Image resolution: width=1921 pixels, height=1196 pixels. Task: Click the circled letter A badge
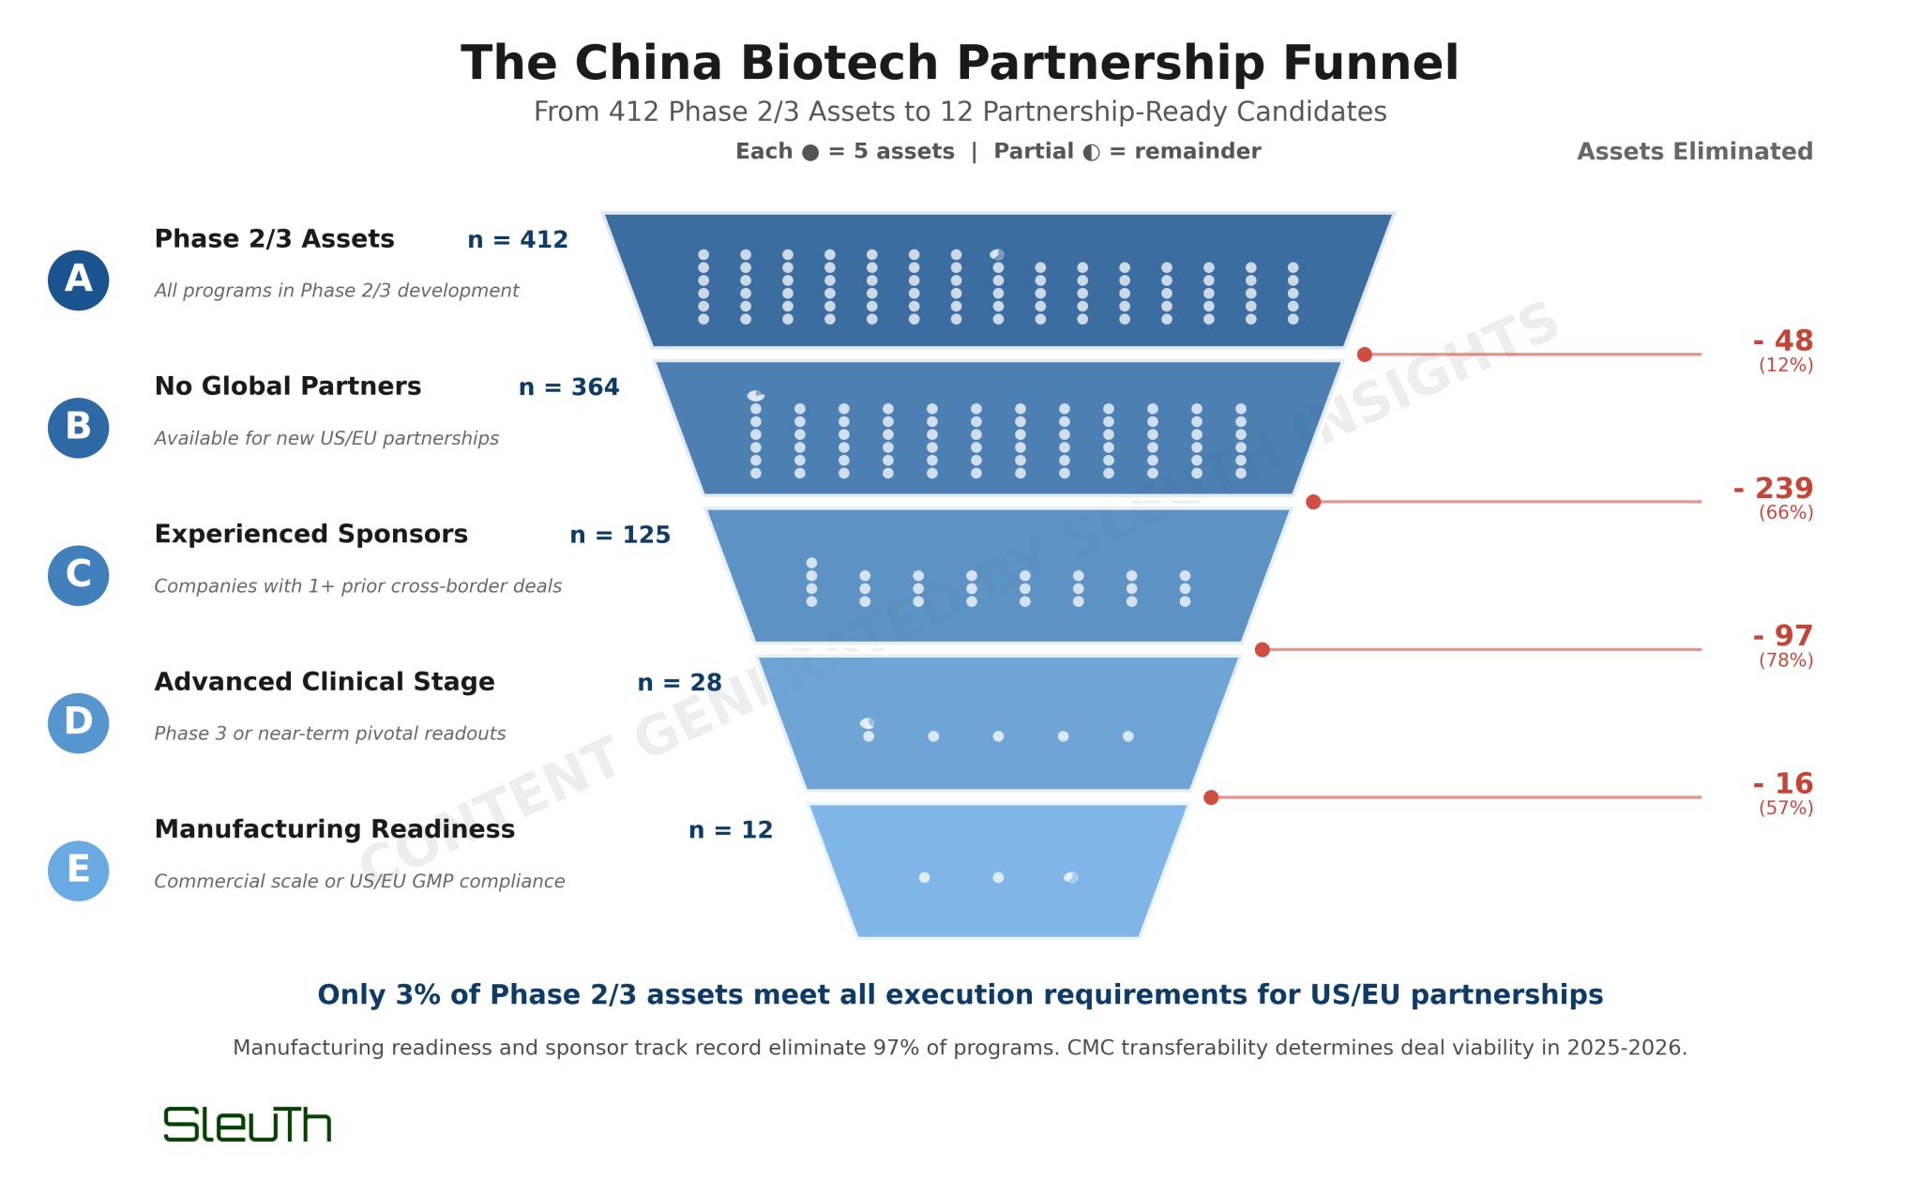coord(78,280)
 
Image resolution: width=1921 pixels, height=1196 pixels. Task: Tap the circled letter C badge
coord(78,576)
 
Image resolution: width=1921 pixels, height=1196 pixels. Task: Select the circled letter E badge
coord(78,871)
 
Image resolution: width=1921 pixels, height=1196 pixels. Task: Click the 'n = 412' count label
coord(518,240)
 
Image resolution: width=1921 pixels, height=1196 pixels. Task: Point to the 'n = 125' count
coord(620,536)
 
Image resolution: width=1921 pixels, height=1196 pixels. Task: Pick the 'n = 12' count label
coord(731,830)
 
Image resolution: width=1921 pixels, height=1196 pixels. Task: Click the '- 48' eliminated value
coord(1782,341)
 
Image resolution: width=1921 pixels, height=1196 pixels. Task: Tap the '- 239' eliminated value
coord(1773,489)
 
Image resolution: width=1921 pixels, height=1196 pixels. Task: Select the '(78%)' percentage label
coord(1785,660)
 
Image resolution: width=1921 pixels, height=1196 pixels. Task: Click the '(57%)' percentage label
coord(1785,808)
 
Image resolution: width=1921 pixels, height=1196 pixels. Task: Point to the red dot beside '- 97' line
coord(1263,650)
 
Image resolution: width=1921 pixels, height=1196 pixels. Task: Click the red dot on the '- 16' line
coord(1211,797)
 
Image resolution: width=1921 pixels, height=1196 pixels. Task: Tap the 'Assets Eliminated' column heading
coord(1694,152)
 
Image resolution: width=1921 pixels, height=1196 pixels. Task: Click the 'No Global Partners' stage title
coord(288,386)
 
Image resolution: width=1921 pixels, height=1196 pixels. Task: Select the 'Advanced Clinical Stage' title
coord(325,682)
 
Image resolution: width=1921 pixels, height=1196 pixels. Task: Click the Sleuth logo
coord(248,1125)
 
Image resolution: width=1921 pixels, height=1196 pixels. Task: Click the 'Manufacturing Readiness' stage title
coord(335,829)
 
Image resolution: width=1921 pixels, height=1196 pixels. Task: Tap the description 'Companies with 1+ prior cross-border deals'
coord(357,586)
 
